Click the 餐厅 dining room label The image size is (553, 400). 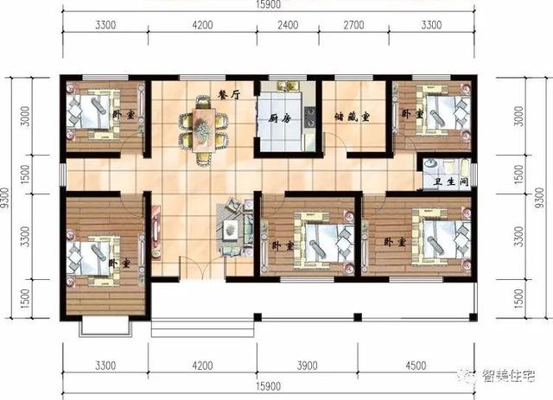230,95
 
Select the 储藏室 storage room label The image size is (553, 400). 352,117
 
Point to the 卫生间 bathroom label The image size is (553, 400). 451,182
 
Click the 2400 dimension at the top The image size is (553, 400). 288,25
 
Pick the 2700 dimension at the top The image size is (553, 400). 353,25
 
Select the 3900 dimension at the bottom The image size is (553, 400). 307,365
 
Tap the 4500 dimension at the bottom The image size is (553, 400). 416,365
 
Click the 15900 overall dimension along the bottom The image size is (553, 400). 269,386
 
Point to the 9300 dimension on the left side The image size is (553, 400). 5,198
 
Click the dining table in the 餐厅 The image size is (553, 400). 202,130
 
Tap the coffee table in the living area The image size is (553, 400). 230,230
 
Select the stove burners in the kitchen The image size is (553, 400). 310,117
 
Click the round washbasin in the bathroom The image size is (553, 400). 430,163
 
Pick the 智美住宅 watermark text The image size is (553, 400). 508,376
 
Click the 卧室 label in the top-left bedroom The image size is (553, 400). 124,115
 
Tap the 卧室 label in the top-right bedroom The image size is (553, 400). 412,114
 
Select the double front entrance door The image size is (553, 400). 202,269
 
